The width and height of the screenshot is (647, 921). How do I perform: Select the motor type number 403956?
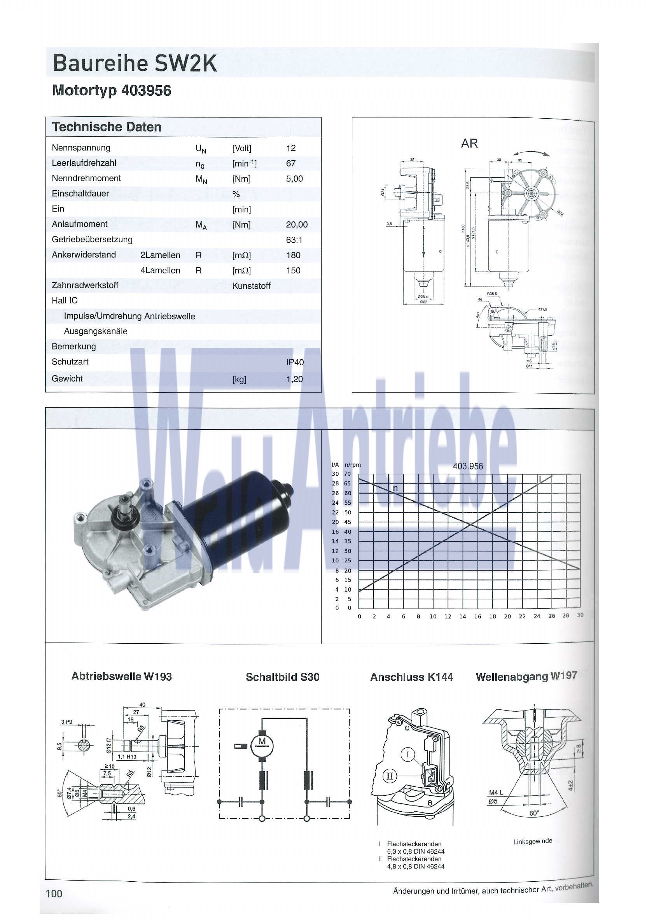pyautogui.click(x=146, y=91)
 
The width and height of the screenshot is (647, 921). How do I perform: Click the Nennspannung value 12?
pyautogui.click(x=291, y=148)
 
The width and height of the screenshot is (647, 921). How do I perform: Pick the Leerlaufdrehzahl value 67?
pyautogui.click(x=291, y=163)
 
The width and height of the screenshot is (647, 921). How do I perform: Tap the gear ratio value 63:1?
pyautogui.click(x=294, y=240)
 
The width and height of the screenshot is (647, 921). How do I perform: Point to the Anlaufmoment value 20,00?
pyautogui.click(x=296, y=225)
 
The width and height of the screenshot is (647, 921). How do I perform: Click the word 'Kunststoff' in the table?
pyautogui.click(x=251, y=286)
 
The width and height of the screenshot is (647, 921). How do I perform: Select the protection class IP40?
pyautogui.click(x=295, y=362)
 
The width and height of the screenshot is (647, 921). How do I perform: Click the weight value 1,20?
pyautogui.click(x=294, y=379)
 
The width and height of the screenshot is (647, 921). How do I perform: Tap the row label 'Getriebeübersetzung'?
pyautogui.click(x=92, y=240)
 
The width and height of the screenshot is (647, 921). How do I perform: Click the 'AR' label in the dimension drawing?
pyautogui.click(x=469, y=143)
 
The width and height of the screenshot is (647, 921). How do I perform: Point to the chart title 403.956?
pyautogui.click(x=468, y=466)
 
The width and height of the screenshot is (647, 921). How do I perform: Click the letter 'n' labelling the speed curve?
pyautogui.click(x=395, y=488)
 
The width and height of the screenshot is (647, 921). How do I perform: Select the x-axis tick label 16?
pyautogui.click(x=477, y=616)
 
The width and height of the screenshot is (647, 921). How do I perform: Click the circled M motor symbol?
pyautogui.click(x=262, y=743)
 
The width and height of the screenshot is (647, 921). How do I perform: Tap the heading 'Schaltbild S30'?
pyautogui.click(x=282, y=677)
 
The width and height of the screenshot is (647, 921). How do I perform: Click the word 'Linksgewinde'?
pyautogui.click(x=532, y=841)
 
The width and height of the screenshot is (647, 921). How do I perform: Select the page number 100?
pyautogui.click(x=54, y=894)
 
